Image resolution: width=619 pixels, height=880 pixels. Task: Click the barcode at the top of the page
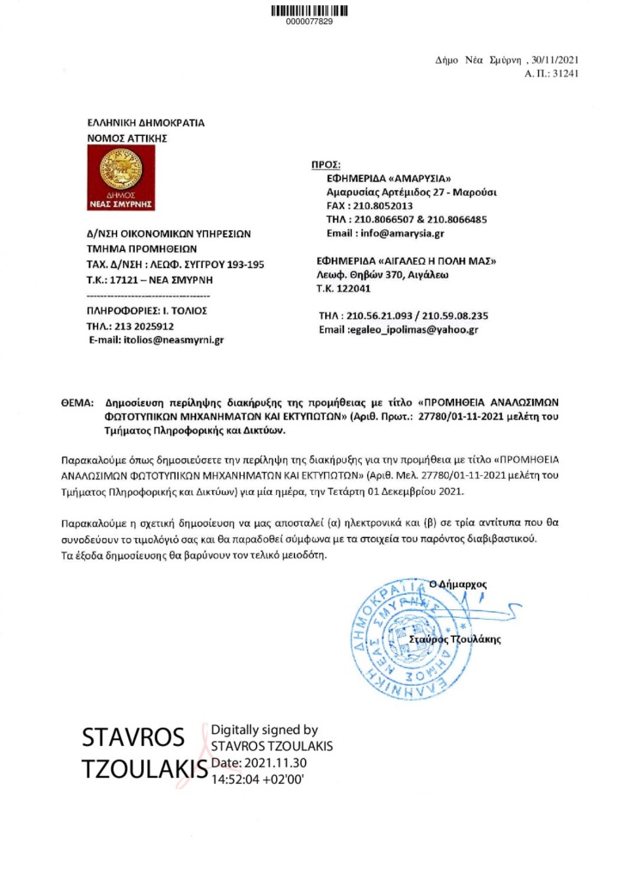click(309, 11)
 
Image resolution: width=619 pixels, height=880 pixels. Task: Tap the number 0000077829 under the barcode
click(309, 21)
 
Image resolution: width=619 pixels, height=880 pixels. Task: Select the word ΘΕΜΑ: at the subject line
click(79, 401)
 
